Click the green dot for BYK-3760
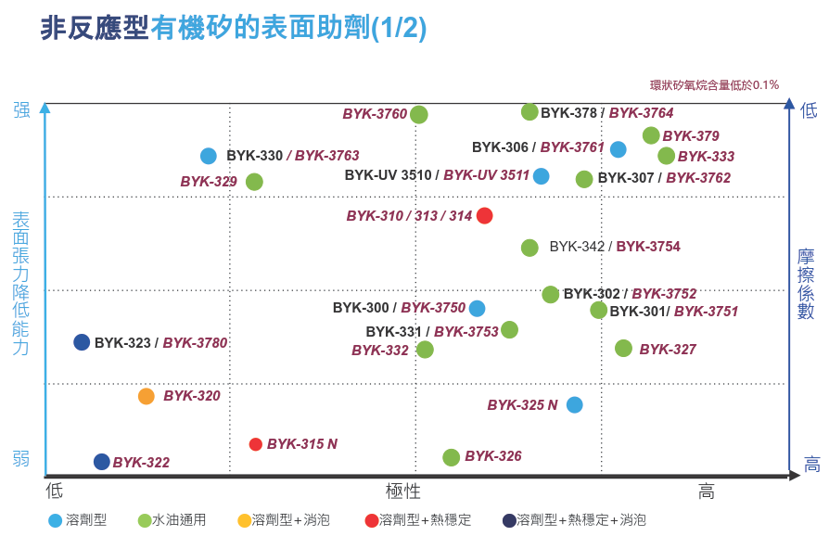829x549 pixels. [419, 115]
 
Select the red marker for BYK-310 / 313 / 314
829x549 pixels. [484, 216]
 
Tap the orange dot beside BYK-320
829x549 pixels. [147, 397]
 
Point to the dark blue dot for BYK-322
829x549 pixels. [102, 462]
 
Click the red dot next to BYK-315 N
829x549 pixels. [256, 444]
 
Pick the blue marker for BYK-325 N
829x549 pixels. [575, 404]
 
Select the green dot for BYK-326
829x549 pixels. [452, 457]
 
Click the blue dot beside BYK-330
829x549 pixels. [209, 156]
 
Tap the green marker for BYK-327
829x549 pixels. [624, 349]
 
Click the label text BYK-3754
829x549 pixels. [648, 247]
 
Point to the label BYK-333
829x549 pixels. [706, 157]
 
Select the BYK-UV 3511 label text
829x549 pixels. [486, 175]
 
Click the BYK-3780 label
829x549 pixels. [195, 343]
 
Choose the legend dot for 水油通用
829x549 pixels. [145, 520]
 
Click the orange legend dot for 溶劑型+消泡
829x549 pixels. [245, 520]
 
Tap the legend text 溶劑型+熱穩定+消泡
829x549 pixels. [580, 520]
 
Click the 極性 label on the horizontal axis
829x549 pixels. [403, 491]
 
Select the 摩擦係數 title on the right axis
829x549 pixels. [806, 284]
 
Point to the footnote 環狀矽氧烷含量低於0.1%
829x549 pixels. [714, 85]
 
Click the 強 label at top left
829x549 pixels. [21, 110]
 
